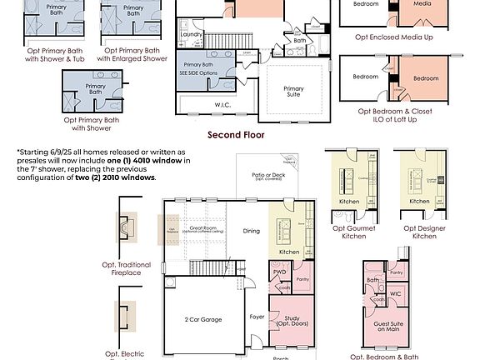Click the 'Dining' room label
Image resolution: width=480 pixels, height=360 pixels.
pos(251,231)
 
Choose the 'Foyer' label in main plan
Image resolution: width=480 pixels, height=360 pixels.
pos(257,317)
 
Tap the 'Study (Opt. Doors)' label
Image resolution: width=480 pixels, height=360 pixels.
pos(290,320)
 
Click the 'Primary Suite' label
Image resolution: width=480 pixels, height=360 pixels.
pos(293,92)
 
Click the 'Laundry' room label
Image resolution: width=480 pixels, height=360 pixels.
pos(192,34)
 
